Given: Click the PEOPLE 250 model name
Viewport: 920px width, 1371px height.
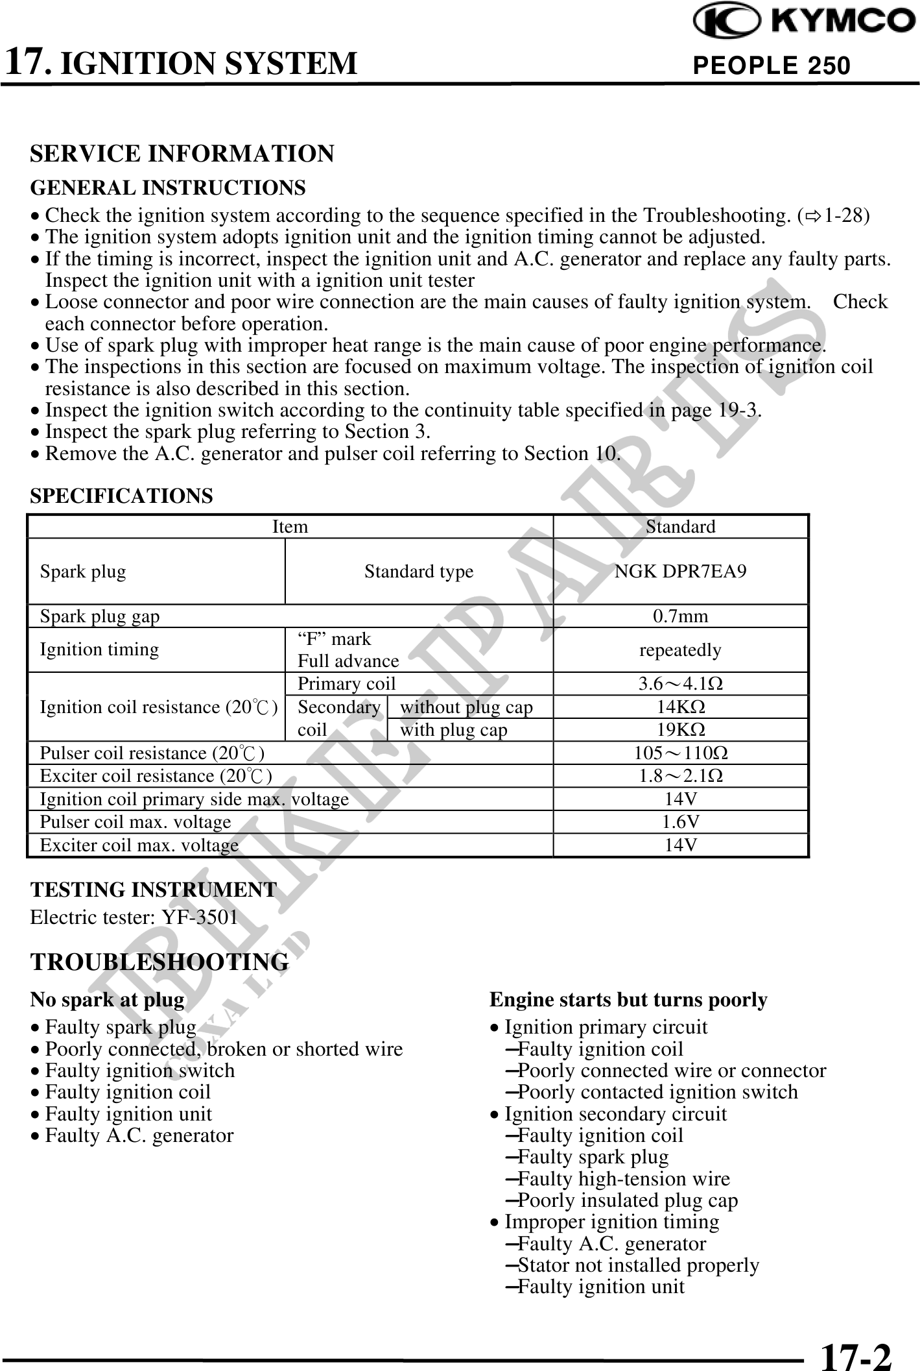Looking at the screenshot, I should click(x=771, y=66).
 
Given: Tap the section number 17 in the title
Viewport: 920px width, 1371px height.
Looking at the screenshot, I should click(x=26, y=62).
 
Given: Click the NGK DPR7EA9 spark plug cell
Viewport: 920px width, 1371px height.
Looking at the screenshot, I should click(x=680, y=572).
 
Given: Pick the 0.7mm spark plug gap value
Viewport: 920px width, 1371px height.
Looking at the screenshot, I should click(x=680, y=616).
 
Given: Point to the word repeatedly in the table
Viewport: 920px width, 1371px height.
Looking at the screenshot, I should click(x=680, y=650).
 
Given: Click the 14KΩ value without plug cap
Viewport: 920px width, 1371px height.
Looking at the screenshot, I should click(x=681, y=707).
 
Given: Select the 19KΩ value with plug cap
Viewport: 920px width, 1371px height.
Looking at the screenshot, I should click(x=681, y=730).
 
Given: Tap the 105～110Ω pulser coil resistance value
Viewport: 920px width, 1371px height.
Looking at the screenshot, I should click(x=681, y=753).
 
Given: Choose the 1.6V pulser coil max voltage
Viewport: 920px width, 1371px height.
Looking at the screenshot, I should click(x=681, y=822).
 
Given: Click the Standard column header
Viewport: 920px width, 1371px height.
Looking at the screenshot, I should click(x=680, y=527).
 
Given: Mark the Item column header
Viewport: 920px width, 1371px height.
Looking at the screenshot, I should click(x=290, y=527).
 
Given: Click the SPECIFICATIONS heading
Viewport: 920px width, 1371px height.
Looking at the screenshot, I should click(x=121, y=496).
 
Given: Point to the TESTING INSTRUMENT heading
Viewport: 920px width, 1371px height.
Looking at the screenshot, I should click(x=154, y=890).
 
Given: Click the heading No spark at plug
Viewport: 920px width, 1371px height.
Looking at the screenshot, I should click(x=108, y=1000).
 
